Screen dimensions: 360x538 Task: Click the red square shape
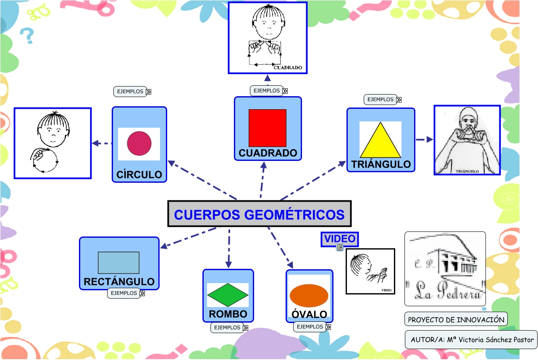click(268, 128)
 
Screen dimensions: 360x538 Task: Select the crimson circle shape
click(139, 143)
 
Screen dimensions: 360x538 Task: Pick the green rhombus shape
click(228, 294)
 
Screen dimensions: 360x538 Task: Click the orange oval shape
click(309, 295)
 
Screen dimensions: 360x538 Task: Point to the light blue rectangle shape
click(118, 263)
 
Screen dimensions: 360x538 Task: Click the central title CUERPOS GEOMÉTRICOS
click(259, 214)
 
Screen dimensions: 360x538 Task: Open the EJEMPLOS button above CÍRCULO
click(131, 92)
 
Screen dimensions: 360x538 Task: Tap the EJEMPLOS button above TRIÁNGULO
click(381, 100)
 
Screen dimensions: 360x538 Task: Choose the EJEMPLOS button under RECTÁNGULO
click(124, 293)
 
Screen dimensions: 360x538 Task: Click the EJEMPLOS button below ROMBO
click(228, 328)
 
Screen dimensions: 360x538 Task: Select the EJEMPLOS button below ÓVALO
click(310, 327)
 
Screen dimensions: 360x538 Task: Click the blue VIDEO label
click(339, 239)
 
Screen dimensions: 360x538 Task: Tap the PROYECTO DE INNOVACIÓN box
click(456, 320)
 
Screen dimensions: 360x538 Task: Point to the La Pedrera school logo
click(445, 269)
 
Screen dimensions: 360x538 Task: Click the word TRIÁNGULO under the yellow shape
click(381, 164)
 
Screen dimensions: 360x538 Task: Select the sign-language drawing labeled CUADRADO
click(268, 38)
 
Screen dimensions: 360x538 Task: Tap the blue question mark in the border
click(28, 36)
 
